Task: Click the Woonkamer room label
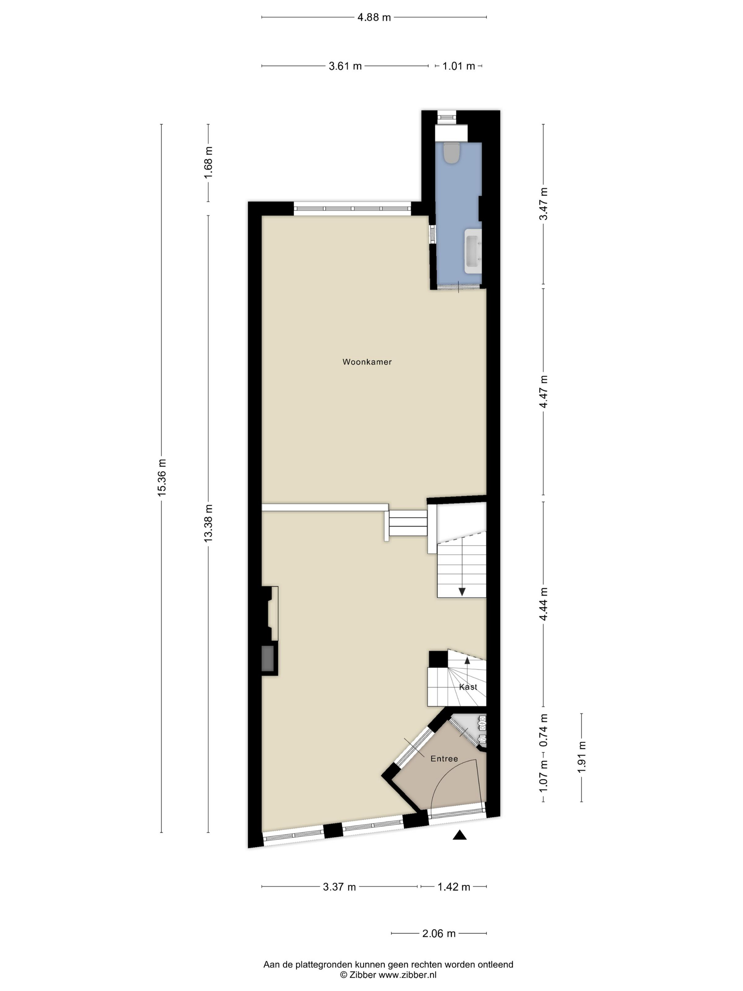point(367,362)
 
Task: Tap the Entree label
point(444,759)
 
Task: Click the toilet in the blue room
point(450,152)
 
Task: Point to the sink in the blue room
point(473,251)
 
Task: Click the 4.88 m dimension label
point(374,17)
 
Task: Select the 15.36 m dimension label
point(162,477)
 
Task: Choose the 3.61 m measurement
point(345,66)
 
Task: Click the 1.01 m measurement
point(459,66)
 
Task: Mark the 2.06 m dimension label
point(439,934)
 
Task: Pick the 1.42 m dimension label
point(454,887)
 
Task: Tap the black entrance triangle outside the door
point(460,835)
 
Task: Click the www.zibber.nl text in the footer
point(408,974)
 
